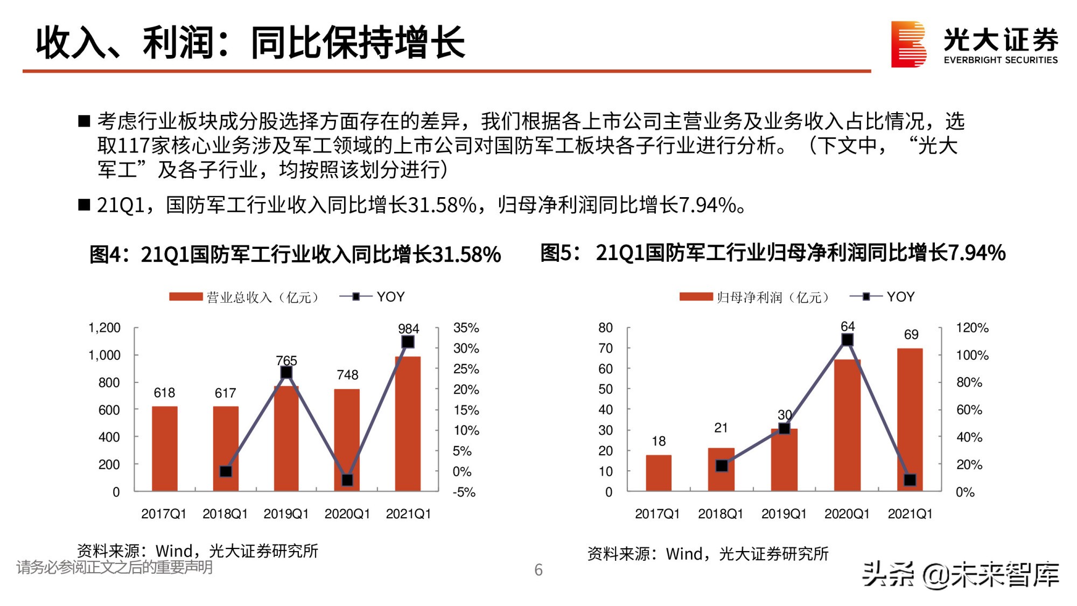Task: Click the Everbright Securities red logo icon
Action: tap(908, 44)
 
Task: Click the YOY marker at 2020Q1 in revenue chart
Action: tap(347, 480)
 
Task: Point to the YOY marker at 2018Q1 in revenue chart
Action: tap(226, 471)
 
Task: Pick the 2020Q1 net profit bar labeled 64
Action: tap(847, 425)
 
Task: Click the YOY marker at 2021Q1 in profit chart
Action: tap(910, 479)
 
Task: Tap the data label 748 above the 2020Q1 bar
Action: tap(347, 375)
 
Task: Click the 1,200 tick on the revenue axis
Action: tap(104, 328)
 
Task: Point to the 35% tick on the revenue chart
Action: tap(466, 328)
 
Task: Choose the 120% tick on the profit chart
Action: tap(972, 328)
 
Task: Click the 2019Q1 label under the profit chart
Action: tap(784, 514)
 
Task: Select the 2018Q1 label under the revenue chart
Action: tap(225, 514)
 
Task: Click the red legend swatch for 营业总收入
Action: tap(185, 297)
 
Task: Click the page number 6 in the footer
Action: tap(538, 570)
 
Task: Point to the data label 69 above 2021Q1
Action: tap(911, 335)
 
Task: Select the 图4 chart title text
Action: tap(295, 254)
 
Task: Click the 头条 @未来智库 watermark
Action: tap(961, 575)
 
